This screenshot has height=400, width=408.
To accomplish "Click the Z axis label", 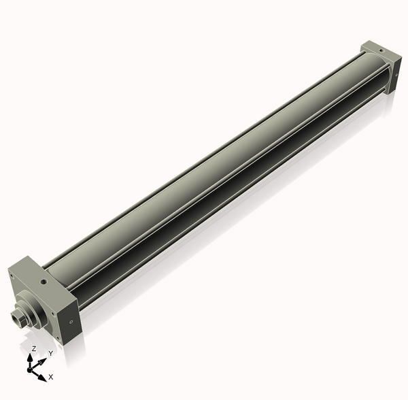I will (x=33, y=348).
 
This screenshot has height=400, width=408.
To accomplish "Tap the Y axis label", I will (x=50, y=354).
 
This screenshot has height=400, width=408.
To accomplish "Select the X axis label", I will (x=51, y=376).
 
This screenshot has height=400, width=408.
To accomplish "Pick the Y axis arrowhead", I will (x=41, y=359).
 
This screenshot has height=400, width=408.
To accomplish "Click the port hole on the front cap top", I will (x=43, y=279).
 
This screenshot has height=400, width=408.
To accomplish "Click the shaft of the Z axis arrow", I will (x=31, y=363).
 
